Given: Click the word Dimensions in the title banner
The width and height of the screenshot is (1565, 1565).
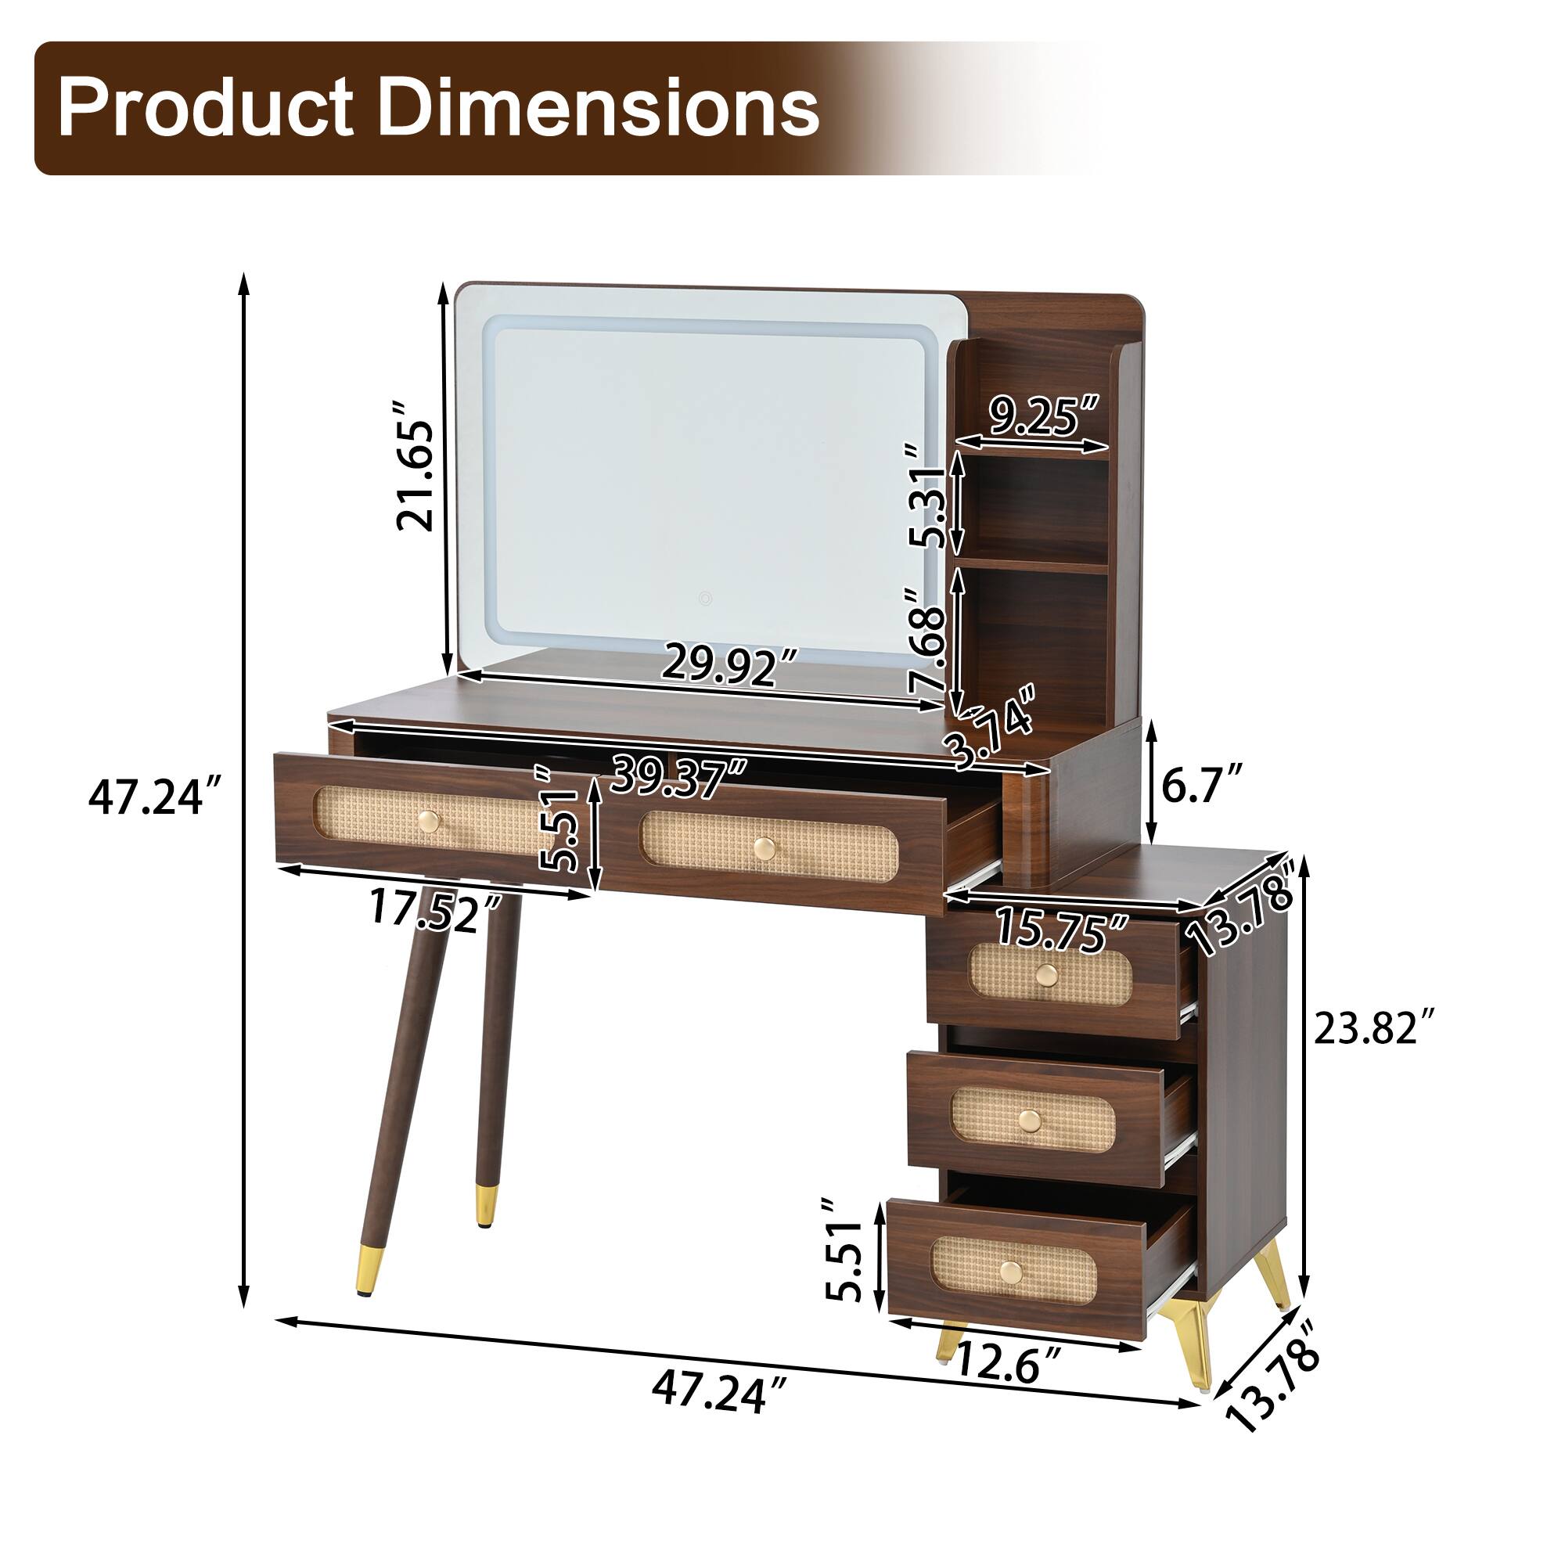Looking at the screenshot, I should tap(598, 108).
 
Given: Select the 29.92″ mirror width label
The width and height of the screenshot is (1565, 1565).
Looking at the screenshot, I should tap(730, 664).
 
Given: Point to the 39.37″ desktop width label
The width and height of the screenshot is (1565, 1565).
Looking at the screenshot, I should tap(678, 775).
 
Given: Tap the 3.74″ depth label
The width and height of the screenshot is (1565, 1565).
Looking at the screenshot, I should tap(992, 728).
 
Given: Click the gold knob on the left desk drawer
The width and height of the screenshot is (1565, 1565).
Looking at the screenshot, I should tap(430, 822).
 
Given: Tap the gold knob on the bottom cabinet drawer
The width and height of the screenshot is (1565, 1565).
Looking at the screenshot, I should tap(1010, 1272).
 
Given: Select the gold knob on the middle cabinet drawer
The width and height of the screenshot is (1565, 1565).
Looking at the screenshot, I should tap(1030, 1121).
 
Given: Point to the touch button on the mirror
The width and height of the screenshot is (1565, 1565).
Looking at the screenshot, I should tap(707, 599).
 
